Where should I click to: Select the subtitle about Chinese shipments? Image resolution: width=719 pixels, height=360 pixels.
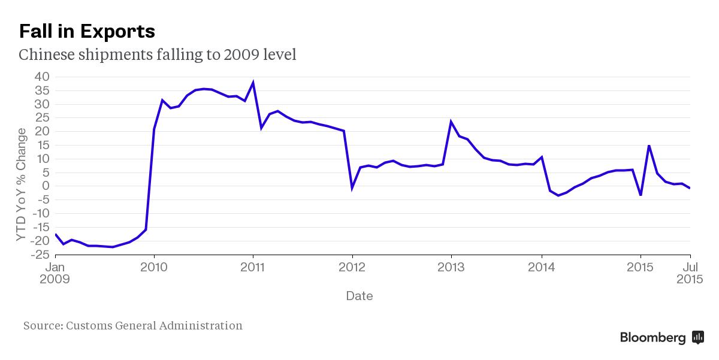158,55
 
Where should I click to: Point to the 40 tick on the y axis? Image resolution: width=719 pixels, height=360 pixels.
41,77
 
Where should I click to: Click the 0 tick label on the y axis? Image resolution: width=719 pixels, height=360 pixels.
46,186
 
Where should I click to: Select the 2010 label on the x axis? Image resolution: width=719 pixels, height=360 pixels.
154,267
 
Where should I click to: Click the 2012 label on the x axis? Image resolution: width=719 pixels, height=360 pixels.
352,267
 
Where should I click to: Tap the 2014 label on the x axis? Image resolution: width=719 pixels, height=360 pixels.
542,267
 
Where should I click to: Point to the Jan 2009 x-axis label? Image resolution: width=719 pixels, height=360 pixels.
55,273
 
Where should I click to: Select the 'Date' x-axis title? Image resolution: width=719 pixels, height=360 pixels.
359,296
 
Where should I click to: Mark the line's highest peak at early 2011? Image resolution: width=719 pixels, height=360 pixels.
253,83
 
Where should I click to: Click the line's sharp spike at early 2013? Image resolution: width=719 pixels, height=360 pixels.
451,122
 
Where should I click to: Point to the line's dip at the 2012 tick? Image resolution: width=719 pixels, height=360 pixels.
352,188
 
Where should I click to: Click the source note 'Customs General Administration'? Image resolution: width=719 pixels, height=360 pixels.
154,326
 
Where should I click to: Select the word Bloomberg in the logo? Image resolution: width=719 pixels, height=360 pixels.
652,338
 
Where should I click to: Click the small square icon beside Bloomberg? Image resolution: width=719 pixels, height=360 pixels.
697,337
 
